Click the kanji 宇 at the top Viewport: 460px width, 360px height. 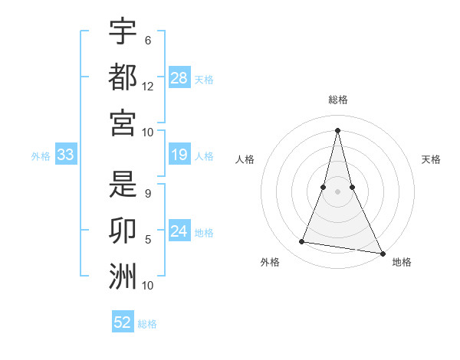[123, 32]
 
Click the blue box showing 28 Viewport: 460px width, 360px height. [179, 78]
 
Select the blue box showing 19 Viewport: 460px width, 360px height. [179, 155]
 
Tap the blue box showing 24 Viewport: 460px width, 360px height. [179, 231]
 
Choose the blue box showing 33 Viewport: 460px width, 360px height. [66, 155]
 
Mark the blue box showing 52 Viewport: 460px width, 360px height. [123, 322]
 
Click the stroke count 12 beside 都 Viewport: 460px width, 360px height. [148, 87]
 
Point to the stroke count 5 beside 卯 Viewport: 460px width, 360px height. [148, 240]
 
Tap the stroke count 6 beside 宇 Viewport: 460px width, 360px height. [148, 40]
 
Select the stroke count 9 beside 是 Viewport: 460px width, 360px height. [148, 193]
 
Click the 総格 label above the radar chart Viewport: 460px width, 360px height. [338, 100]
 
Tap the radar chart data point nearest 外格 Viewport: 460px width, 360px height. [302, 242]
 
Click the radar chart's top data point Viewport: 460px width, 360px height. [338, 129]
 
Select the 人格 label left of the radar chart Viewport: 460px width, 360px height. [245, 159]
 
